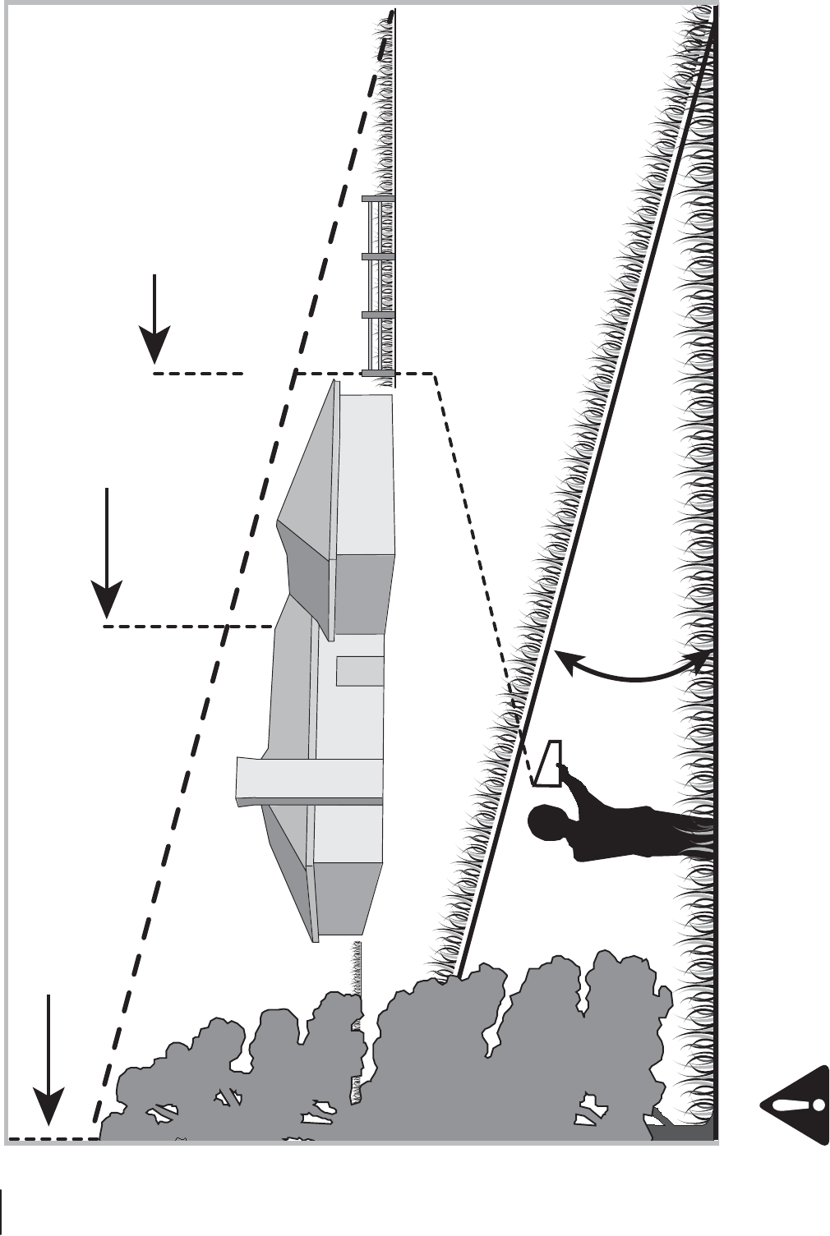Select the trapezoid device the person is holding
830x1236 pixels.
point(550,763)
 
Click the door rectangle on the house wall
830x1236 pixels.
point(360,671)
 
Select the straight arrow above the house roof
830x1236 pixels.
point(107,551)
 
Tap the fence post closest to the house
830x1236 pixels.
point(378,374)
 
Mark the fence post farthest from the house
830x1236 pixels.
point(378,199)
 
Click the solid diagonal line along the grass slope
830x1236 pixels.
point(592,493)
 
